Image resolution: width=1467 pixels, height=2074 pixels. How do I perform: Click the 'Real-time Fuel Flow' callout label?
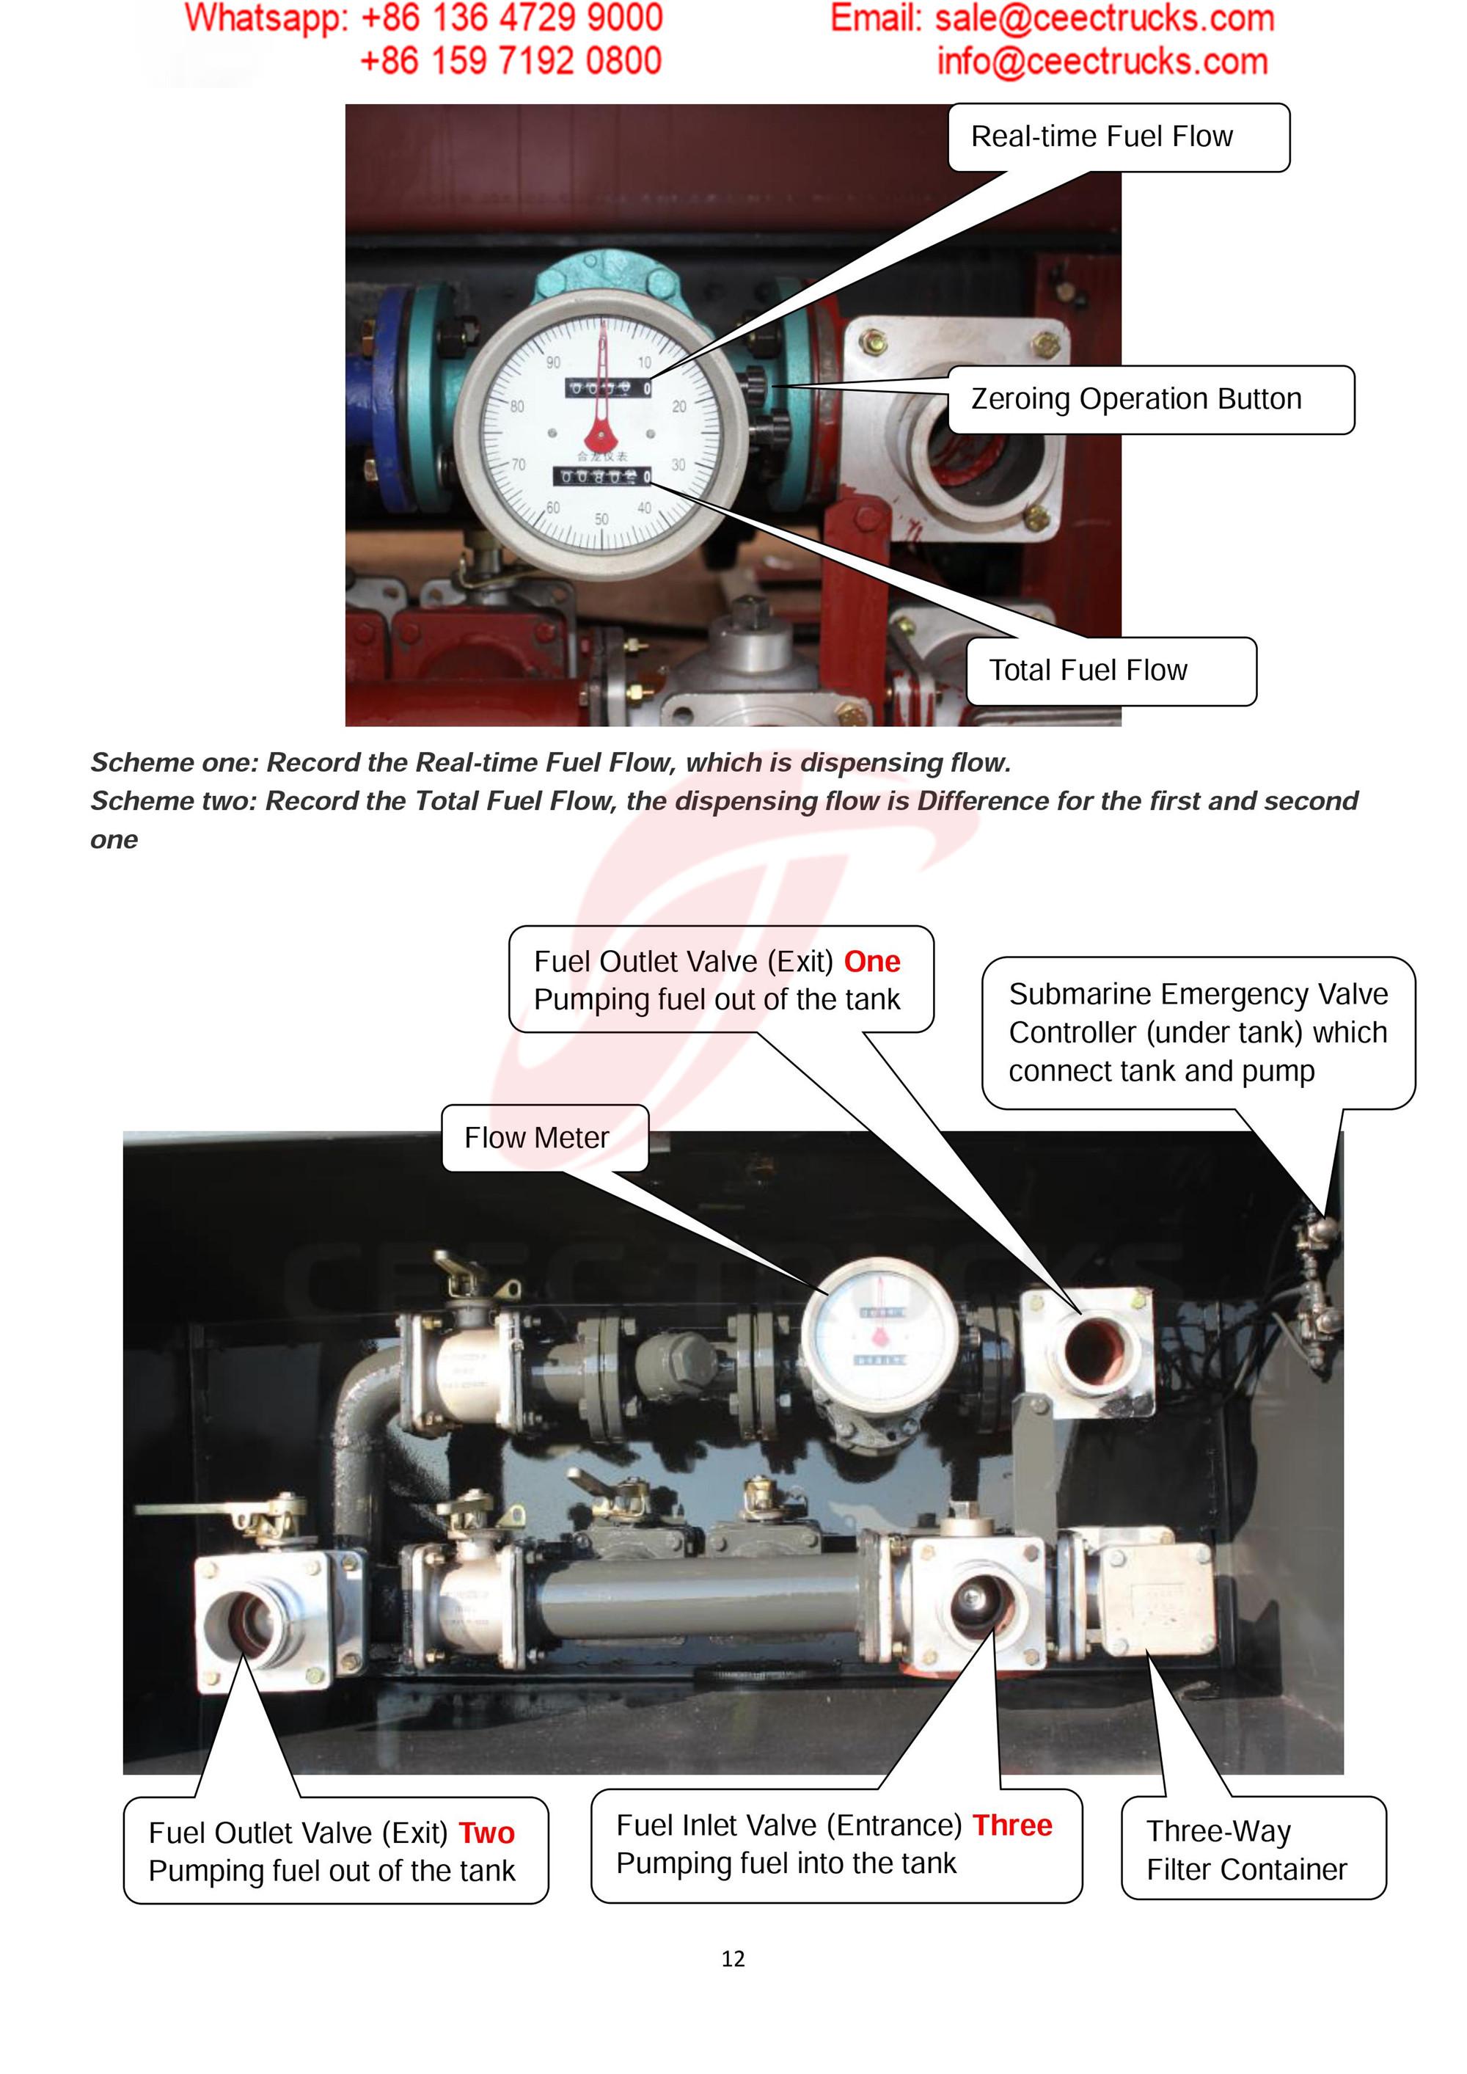coord(1119,137)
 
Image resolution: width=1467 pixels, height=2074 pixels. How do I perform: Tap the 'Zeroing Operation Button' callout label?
coord(1151,399)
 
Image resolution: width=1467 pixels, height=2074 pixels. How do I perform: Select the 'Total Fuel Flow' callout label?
coord(1111,671)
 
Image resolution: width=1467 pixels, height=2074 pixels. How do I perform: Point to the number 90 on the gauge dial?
coord(553,362)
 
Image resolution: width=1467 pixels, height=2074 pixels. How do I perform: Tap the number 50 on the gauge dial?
coord(601,519)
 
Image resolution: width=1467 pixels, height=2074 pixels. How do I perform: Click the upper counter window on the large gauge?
coord(608,388)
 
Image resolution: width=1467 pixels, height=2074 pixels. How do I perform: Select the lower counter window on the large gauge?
coord(601,476)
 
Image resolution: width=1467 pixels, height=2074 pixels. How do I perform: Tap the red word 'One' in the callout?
coord(871,962)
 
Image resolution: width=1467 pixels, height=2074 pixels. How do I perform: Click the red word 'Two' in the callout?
coord(486,1833)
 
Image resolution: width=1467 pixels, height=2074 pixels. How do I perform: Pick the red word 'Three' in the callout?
coord(1011,1825)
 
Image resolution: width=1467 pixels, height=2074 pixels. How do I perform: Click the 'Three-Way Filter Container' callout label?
coord(1253,1849)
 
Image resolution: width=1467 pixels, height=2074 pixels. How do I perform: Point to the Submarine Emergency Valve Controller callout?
coord(1198,1032)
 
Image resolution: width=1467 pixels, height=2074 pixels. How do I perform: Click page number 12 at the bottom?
coord(733,1958)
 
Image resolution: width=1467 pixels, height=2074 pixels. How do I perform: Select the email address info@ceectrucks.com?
coord(1102,62)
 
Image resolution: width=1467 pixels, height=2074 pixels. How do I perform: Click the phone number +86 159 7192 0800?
coord(511,62)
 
